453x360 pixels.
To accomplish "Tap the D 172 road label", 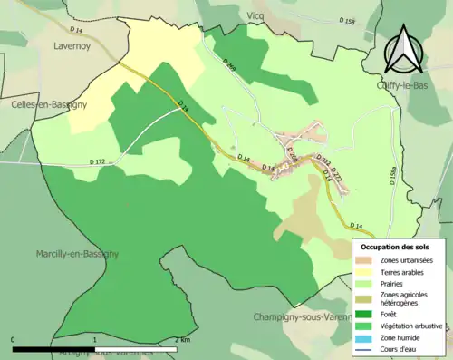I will (98, 162).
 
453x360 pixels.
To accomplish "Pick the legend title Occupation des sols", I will (395, 247).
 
